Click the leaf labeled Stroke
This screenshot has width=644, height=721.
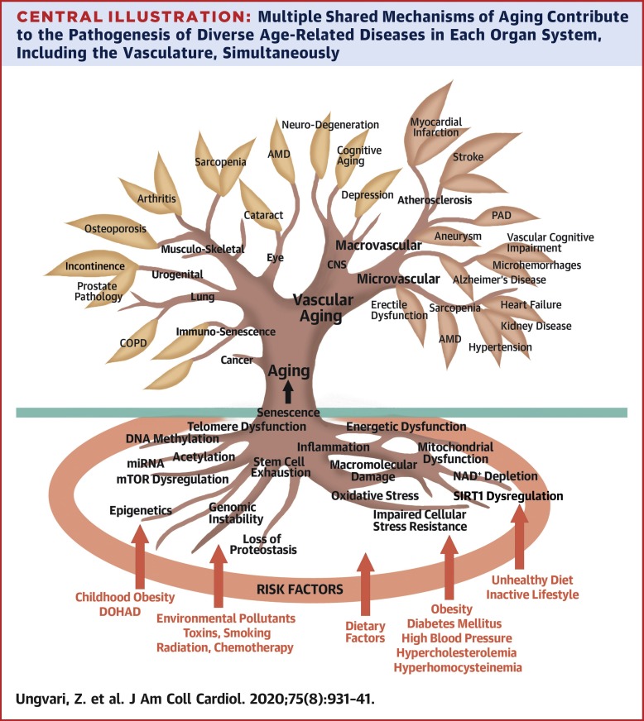point(469,158)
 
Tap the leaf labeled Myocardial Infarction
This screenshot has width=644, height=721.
point(436,130)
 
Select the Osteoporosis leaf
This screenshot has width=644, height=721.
point(104,227)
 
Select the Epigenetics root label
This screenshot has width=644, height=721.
point(141,510)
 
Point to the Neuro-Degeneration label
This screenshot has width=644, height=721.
point(330,125)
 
